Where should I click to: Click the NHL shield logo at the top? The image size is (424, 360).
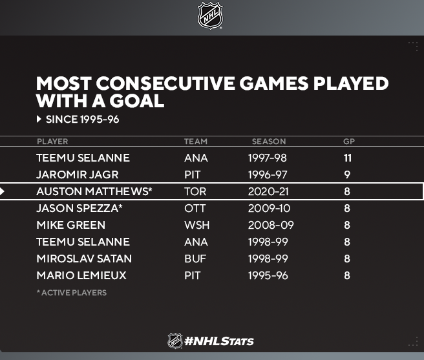(210, 16)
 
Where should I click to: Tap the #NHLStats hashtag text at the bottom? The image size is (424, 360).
(218, 341)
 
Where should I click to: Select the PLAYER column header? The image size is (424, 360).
(52, 142)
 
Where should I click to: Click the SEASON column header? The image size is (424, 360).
(269, 142)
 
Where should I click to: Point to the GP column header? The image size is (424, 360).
(349, 142)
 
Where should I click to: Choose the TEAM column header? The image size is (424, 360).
(196, 142)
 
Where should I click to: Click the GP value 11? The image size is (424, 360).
(348, 158)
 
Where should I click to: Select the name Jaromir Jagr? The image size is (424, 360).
(78, 175)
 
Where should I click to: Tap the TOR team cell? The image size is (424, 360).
(195, 191)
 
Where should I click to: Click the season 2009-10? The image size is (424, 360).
(269, 208)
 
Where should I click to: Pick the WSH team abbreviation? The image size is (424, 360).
(196, 225)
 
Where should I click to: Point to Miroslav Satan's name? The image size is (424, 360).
(84, 259)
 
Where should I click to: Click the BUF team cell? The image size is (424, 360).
(195, 259)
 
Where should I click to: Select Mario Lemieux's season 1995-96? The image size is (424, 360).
(268, 275)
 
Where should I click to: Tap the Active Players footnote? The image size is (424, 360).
(72, 293)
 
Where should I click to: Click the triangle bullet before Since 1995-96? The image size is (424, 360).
(39, 119)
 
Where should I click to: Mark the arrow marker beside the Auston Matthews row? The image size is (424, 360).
(2, 191)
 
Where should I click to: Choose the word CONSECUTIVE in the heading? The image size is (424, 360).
(165, 83)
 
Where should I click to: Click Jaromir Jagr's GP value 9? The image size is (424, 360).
(347, 175)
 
